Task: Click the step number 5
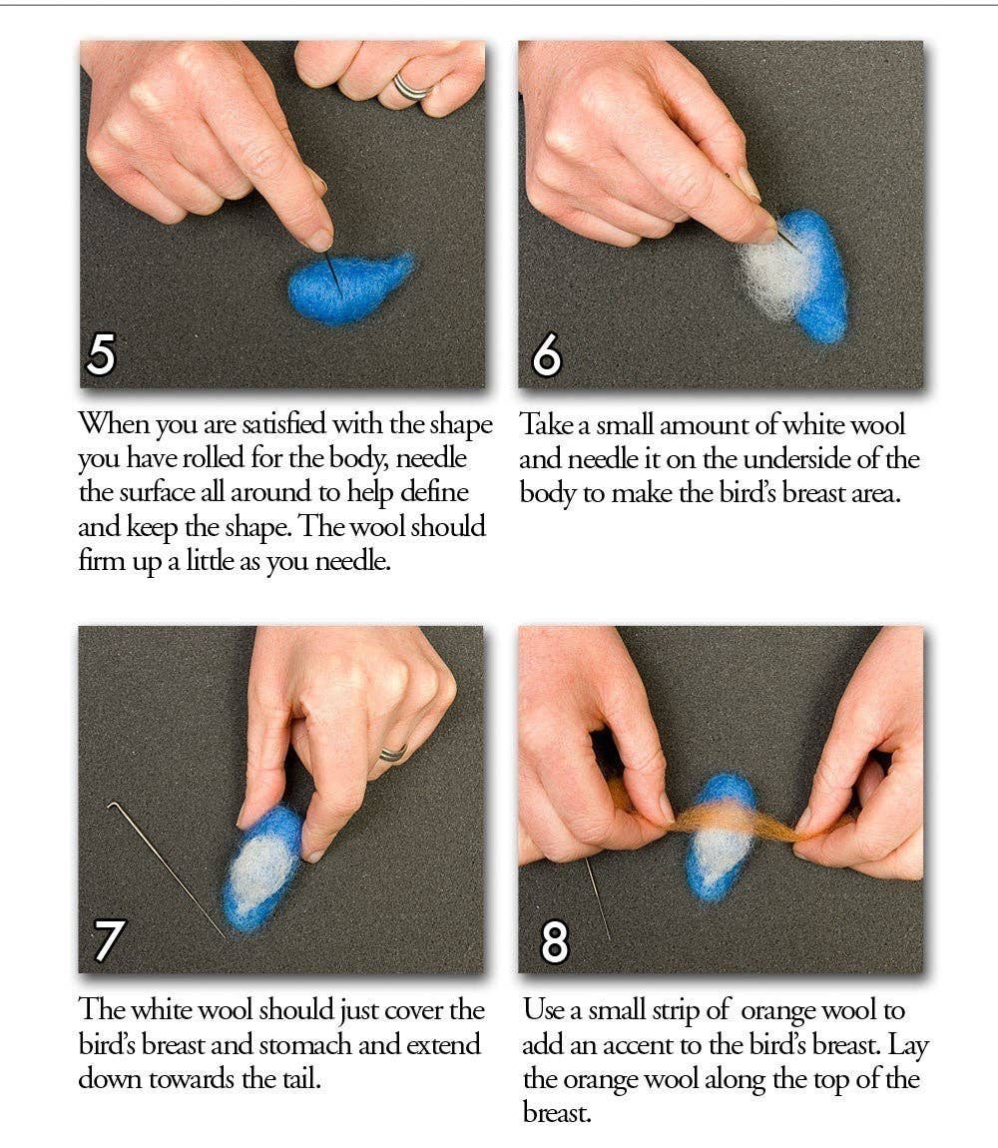tap(101, 354)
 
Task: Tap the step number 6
tap(547, 355)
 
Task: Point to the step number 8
tap(554, 939)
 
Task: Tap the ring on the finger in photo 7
tap(392, 753)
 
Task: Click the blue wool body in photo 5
tap(349, 289)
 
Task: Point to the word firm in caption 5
tap(100, 561)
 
